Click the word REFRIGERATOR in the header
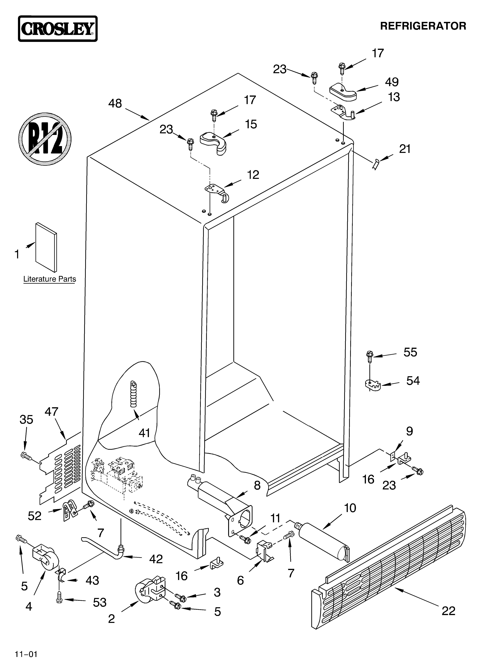[423, 26]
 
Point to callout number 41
[144, 433]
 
